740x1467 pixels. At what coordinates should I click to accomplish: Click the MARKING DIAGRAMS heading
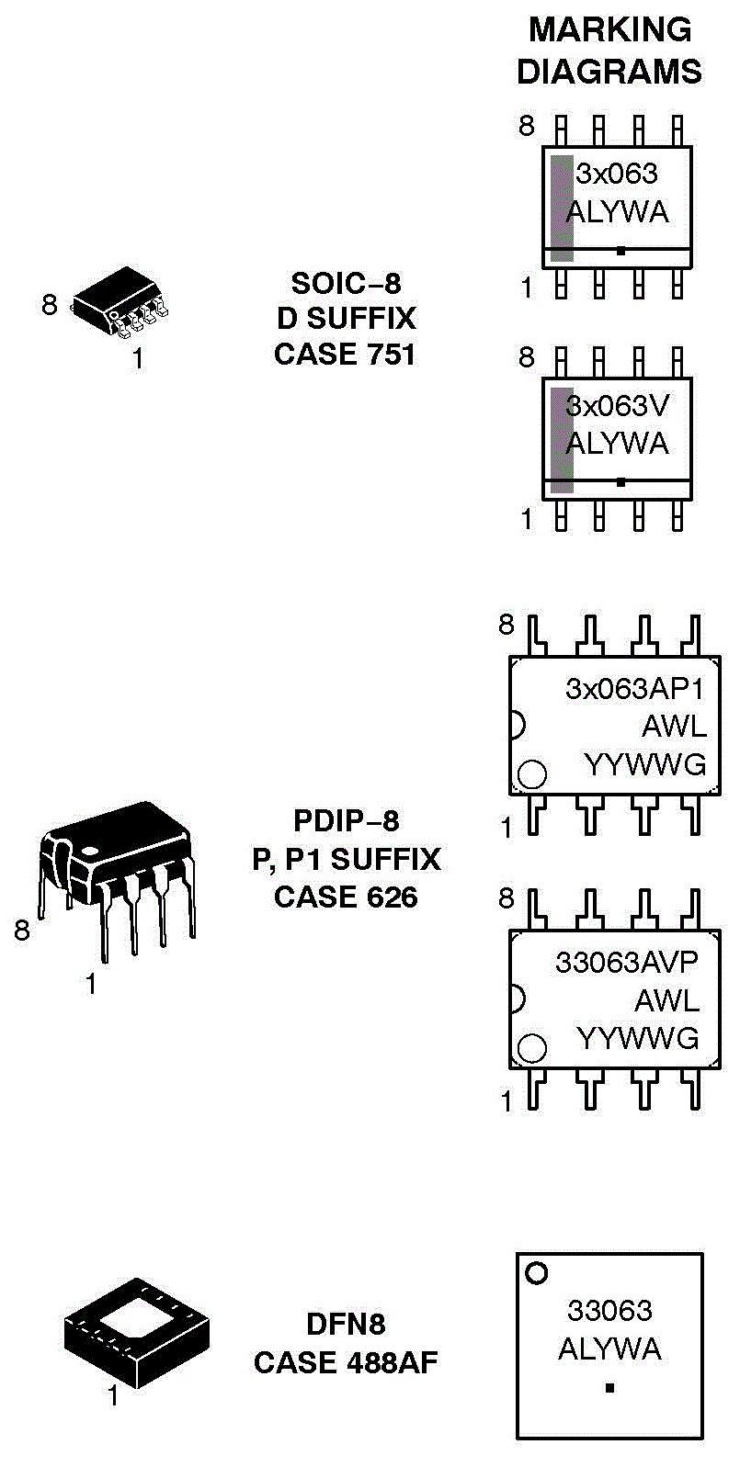click(x=609, y=51)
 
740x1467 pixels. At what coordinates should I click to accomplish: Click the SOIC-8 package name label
click(x=346, y=283)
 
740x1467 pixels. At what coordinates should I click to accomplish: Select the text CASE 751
click(x=345, y=354)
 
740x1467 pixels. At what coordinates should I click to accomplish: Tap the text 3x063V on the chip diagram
click(x=618, y=406)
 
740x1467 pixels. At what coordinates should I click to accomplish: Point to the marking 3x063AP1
click(x=634, y=689)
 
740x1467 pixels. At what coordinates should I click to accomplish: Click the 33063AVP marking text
click(x=627, y=962)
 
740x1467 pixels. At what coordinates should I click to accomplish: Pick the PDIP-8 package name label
click(x=347, y=820)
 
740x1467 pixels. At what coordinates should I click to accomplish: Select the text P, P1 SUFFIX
click(x=347, y=859)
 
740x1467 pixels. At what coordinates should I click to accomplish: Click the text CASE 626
click(x=346, y=897)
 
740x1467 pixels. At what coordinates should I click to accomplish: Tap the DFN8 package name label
click(x=346, y=1324)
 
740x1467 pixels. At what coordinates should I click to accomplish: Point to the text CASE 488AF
click(x=346, y=1362)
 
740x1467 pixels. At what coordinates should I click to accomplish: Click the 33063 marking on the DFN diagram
click(x=609, y=1310)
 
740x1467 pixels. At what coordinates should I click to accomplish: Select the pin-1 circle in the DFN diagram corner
click(x=536, y=1273)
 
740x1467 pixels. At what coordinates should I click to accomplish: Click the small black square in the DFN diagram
click(x=609, y=1388)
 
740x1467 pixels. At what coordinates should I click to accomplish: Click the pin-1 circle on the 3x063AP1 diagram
click(x=532, y=774)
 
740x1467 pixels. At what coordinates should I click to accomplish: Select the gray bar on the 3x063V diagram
click(x=562, y=440)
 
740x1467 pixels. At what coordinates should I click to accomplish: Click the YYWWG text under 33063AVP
click(x=638, y=1038)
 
